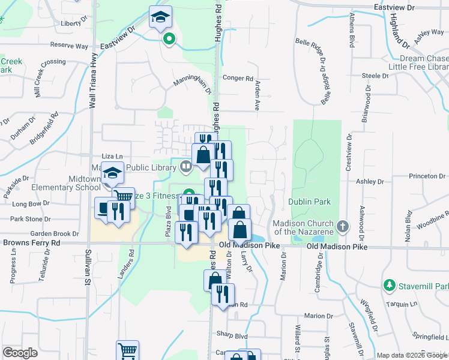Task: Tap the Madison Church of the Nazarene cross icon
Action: click(x=342, y=226)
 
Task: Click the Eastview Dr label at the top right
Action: click(x=393, y=7)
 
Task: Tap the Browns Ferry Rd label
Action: click(x=31, y=243)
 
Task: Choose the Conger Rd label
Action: click(x=238, y=78)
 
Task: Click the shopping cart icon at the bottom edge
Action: click(x=127, y=351)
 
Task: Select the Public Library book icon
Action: click(x=186, y=166)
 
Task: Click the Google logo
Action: click(x=20, y=352)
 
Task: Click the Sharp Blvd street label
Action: click(x=233, y=337)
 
